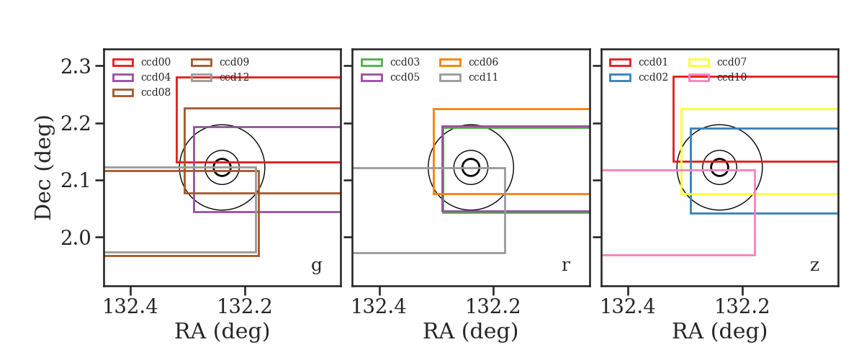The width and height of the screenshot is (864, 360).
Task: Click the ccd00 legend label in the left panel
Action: tap(156, 62)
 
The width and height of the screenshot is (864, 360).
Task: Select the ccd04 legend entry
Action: tap(156, 77)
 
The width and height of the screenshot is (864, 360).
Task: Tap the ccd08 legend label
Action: tap(156, 92)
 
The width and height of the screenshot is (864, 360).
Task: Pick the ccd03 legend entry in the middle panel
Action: tap(405, 62)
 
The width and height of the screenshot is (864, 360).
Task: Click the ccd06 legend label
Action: tap(483, 62)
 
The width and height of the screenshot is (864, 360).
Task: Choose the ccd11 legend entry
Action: tap(483, 77)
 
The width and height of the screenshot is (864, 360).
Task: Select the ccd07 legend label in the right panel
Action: tap(732, 62)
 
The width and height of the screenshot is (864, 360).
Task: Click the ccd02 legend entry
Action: tap(654, 77)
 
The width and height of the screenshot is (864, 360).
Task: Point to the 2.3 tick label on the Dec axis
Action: tap(76, 66)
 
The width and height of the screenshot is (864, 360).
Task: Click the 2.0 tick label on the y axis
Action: tap(76, 238)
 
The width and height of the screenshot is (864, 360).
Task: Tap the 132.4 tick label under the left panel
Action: tap(130, 307)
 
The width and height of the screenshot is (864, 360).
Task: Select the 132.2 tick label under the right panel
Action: tap(742, 307)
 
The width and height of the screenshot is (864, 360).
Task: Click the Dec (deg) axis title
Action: tap(42, 168)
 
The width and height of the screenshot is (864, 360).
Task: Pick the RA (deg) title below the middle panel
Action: tap(471, 331)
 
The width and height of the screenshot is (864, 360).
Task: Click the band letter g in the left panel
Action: tap(316, 266)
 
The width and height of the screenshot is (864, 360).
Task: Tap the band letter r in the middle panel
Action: tap(565, 265)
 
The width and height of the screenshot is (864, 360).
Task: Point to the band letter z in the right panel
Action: tap(814, 265)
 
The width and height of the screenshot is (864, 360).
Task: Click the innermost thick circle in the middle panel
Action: tap(471, 159)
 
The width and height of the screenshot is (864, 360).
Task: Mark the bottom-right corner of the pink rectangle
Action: tap(755, 255)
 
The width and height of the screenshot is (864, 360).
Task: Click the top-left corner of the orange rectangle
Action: tap(434, 109)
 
